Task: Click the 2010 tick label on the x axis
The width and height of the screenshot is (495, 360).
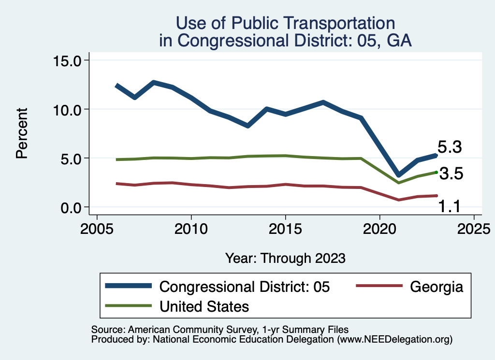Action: pos(191,228)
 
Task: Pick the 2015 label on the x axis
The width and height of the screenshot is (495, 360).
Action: pos(285,228)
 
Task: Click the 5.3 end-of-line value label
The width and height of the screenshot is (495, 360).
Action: pos(450,147)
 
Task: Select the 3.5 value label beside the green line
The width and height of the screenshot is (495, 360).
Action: pos(451,174)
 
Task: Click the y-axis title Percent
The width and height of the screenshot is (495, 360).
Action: pos(21,134)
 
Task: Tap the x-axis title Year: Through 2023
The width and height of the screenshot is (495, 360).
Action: pos(285,258)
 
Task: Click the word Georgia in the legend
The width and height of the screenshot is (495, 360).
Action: pos(437,287)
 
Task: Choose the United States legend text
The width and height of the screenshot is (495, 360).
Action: pos(204,306)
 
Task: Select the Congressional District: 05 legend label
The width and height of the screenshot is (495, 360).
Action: pos(245,287)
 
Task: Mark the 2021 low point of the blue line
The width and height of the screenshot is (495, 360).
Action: pos(398,175)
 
